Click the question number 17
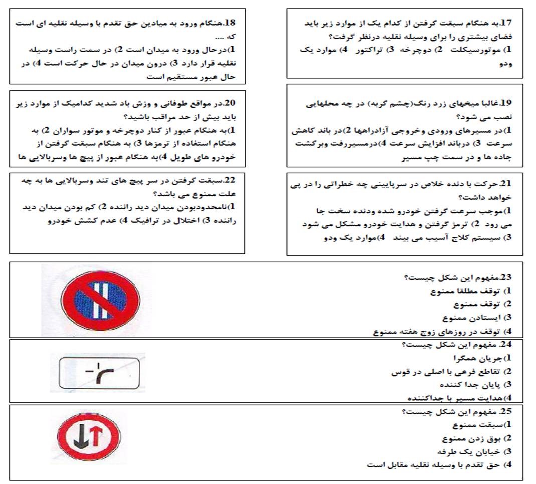tap(505, 23)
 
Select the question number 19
tap(505, 103)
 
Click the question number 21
tap(505, 184)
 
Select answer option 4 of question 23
tap(441, 332)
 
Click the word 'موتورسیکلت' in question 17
tap(476, 50)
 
